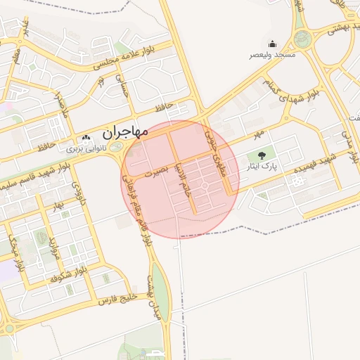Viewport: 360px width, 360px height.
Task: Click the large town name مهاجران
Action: click(x=124, y=131)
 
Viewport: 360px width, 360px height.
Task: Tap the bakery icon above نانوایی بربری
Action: click(x=86, y=139)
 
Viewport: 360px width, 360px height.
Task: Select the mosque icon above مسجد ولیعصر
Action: click(x=272, y=44)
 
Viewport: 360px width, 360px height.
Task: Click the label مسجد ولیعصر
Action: click(x=272, y=55)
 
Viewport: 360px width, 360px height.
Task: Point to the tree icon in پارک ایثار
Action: click(x=262, y=155)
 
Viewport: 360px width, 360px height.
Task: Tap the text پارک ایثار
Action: click(x=263, y=167)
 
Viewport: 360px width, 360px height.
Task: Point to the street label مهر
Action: click(x=259, y=131)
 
